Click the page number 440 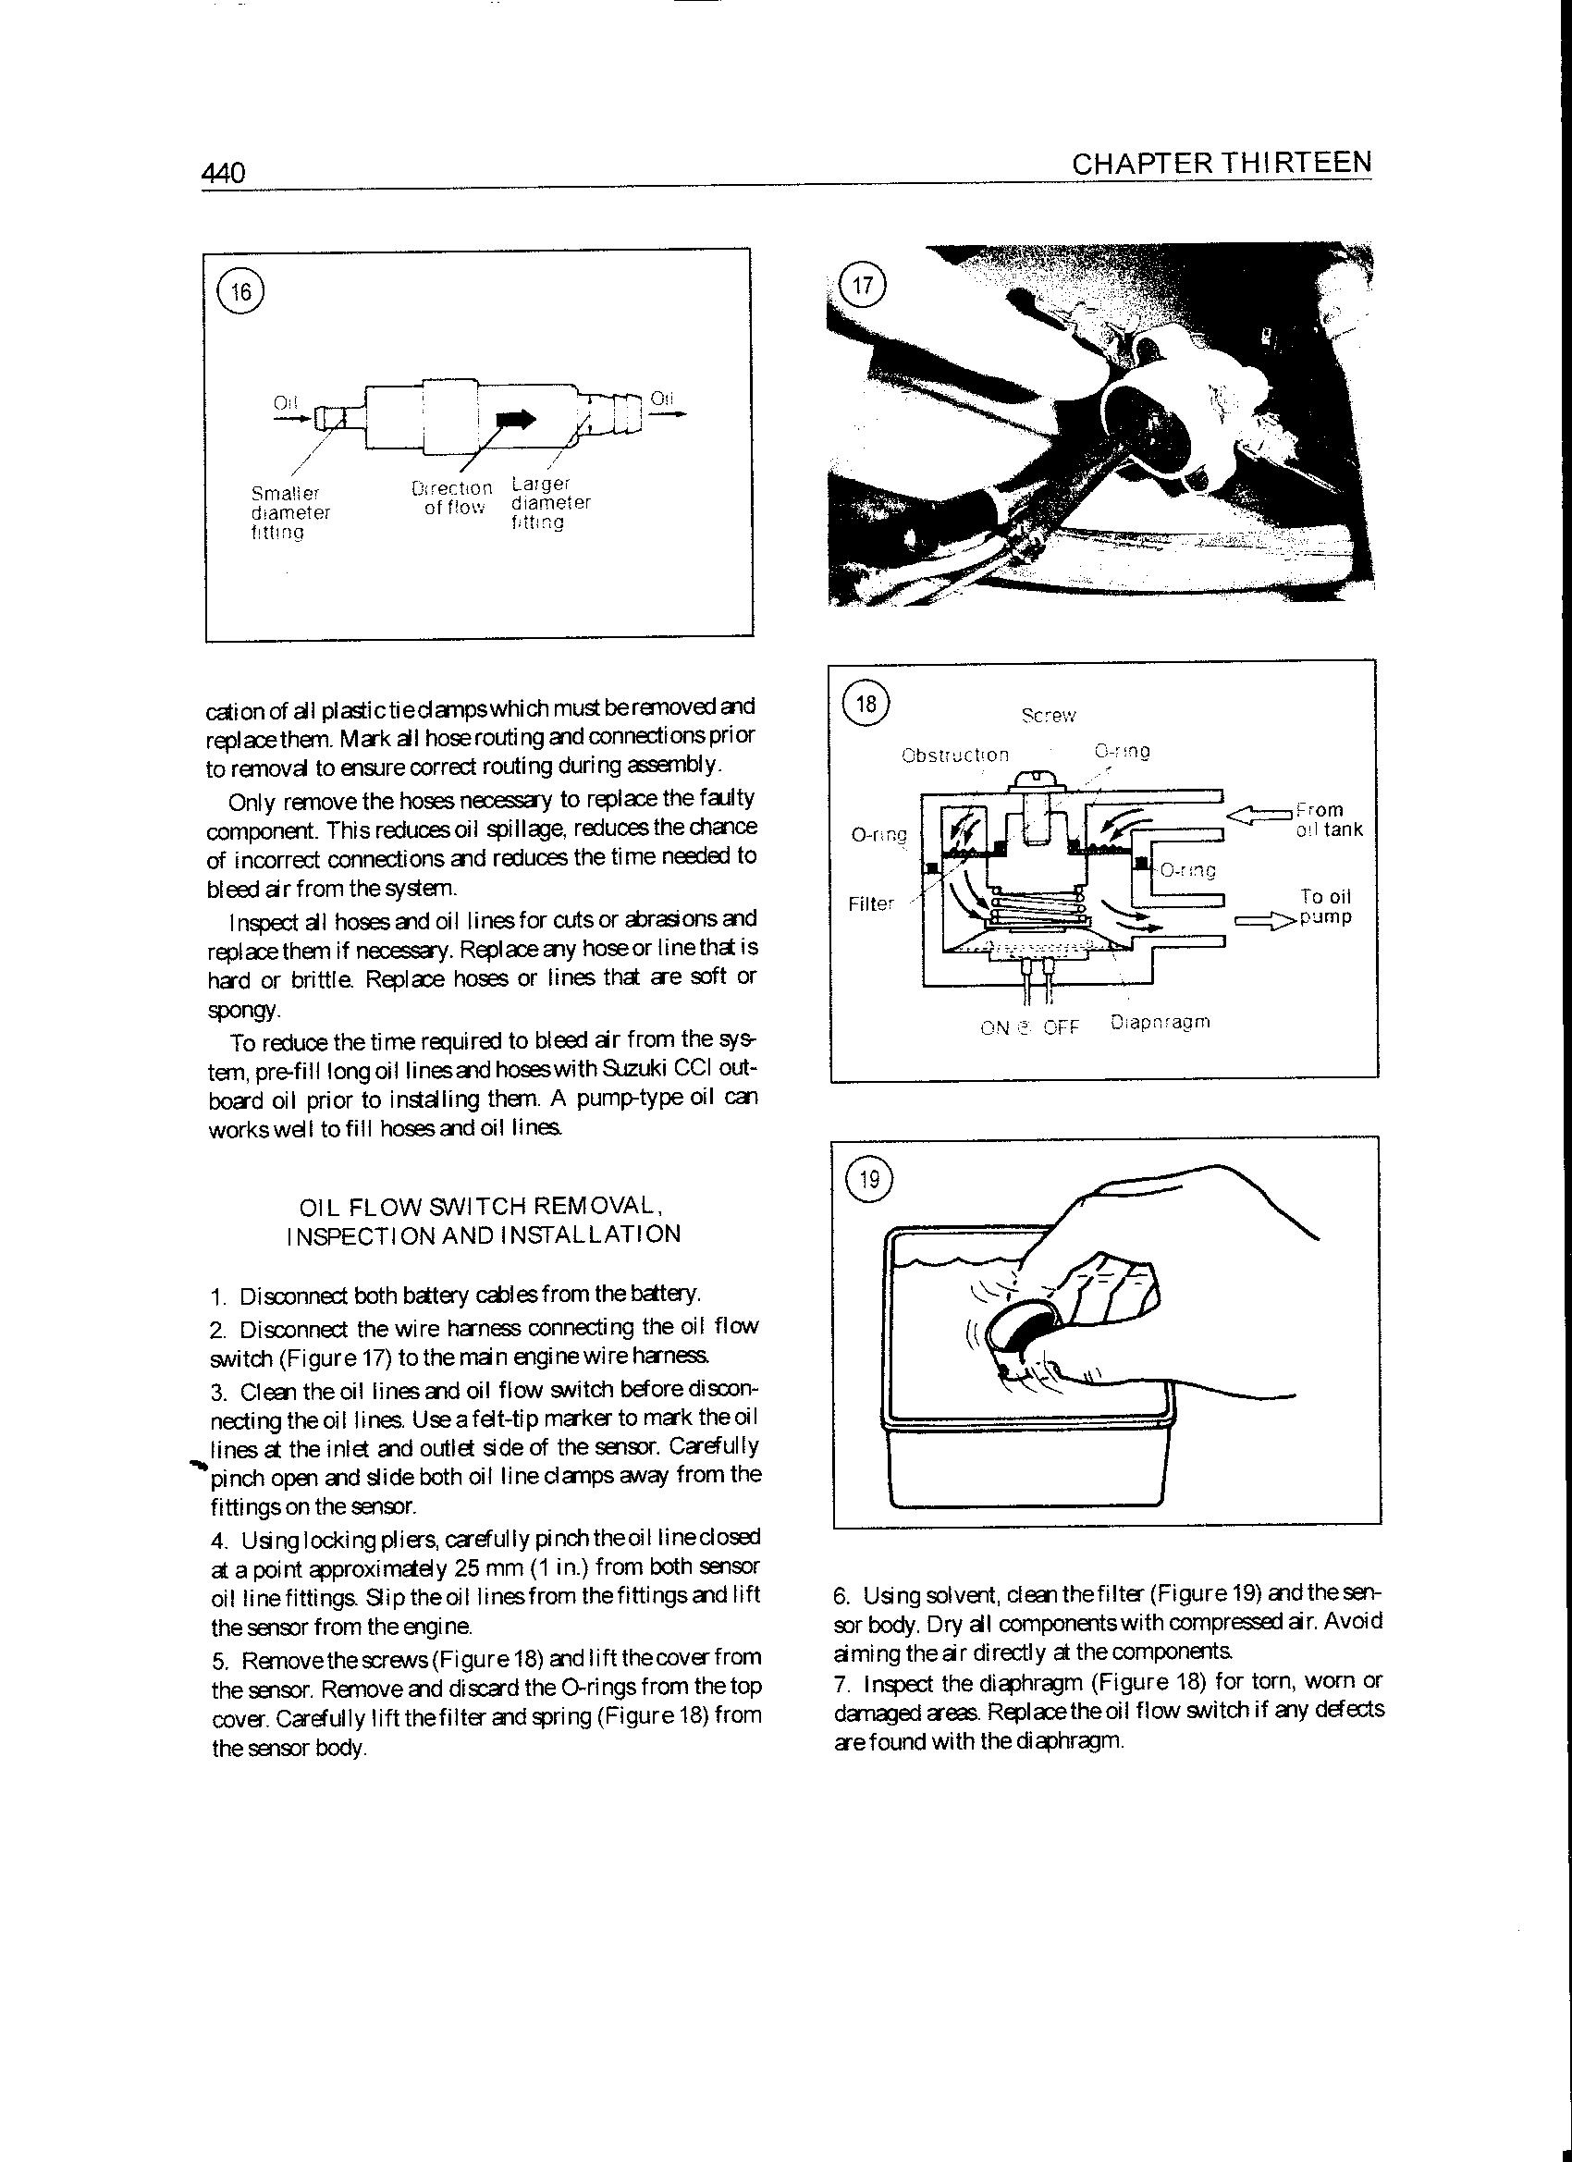coord(224,173)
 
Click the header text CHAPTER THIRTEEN coord(1222,163)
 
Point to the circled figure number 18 coord(866,705)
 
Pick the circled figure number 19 coord(868,1180)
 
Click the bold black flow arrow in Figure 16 coord(517,418)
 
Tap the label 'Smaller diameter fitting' coord(289,513)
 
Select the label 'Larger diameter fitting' coord(550,502)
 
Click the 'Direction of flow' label coord(452,498)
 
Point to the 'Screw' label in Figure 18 coord(1048,716)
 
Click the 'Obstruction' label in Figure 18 coord(954,755)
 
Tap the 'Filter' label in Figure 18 coord(871,903)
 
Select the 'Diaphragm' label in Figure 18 coord(1161,1023)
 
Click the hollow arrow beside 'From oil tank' coord(1258,814)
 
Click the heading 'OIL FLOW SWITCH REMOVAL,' coord(482,1206)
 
